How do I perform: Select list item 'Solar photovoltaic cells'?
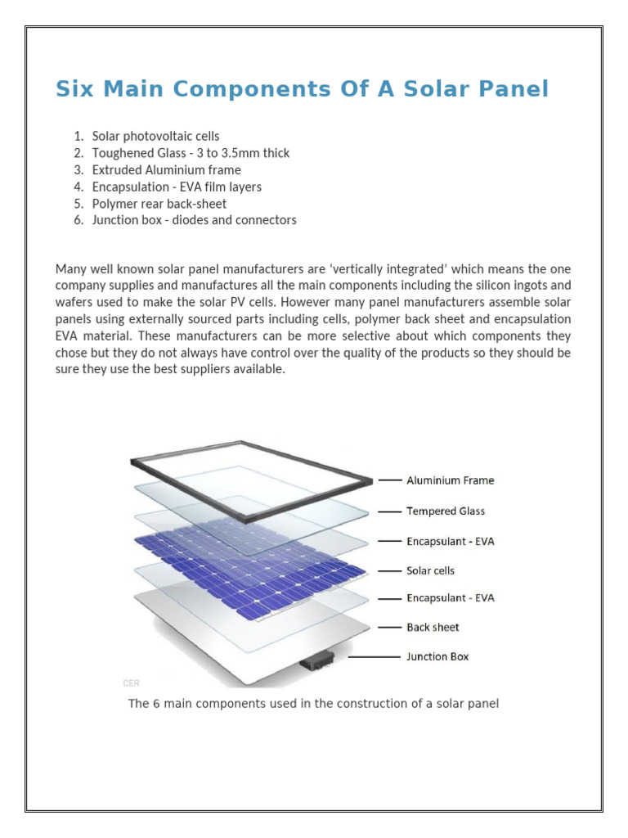tap(155, 136)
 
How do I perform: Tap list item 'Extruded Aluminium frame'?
tap(166, 170)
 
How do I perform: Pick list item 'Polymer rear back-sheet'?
tap(159, 204)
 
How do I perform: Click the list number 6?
tap(78, 220)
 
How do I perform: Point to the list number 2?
tap(78, 153)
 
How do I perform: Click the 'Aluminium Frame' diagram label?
tap(450, 480)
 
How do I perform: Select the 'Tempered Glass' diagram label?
tap(446, 511)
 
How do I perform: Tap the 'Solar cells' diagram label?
tap(430, 570)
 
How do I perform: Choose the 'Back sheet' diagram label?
tap(433, 628)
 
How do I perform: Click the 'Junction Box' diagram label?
tap(437, 656)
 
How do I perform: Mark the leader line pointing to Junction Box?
tap(375, 656)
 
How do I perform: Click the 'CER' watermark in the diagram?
tap(130, 681)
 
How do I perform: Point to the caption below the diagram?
tap(313, 704)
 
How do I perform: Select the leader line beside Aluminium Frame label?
tap(390, 480)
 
